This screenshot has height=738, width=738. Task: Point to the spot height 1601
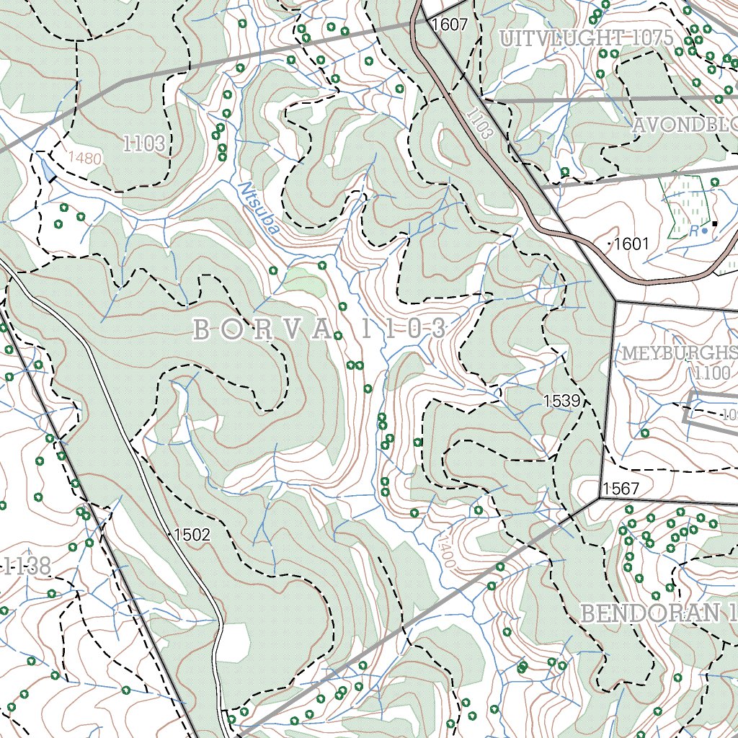631,244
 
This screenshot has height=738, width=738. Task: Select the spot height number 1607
450,25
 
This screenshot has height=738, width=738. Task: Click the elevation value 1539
562,401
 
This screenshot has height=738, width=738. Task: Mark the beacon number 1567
621,489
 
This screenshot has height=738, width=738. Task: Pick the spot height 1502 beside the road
192,535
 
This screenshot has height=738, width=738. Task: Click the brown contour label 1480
85,158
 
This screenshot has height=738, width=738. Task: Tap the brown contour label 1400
445,550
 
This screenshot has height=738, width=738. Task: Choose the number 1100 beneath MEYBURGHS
713,373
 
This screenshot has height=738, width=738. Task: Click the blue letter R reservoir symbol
694,231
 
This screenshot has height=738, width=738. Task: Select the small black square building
714,223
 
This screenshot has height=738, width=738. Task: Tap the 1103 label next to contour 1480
143,143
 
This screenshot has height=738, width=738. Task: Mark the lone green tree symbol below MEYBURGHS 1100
644,433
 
